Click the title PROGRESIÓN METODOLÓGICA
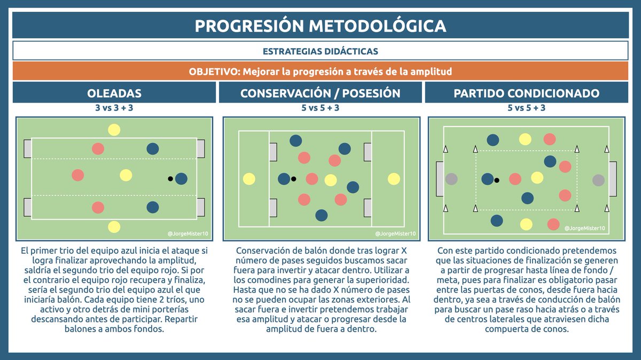click(320, 26)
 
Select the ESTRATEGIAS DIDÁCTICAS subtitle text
click(320, 51)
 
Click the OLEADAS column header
click(114, 93)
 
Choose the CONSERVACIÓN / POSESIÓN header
click(320, 93)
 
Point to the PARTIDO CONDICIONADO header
click(526, 93)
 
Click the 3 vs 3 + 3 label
click(114, 108)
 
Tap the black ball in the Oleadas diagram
click(170, 178)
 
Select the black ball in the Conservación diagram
click(293, 178)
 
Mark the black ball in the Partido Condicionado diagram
click(497, 180)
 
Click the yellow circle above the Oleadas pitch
click(114, 129)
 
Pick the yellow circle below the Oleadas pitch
click(114, 226)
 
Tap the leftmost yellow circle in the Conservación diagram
click(248, 179)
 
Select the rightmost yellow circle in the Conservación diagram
click(394, 179)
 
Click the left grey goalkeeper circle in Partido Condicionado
click(451, 179)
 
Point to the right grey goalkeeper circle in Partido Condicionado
click(598, 180)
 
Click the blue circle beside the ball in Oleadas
click(181, 178)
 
